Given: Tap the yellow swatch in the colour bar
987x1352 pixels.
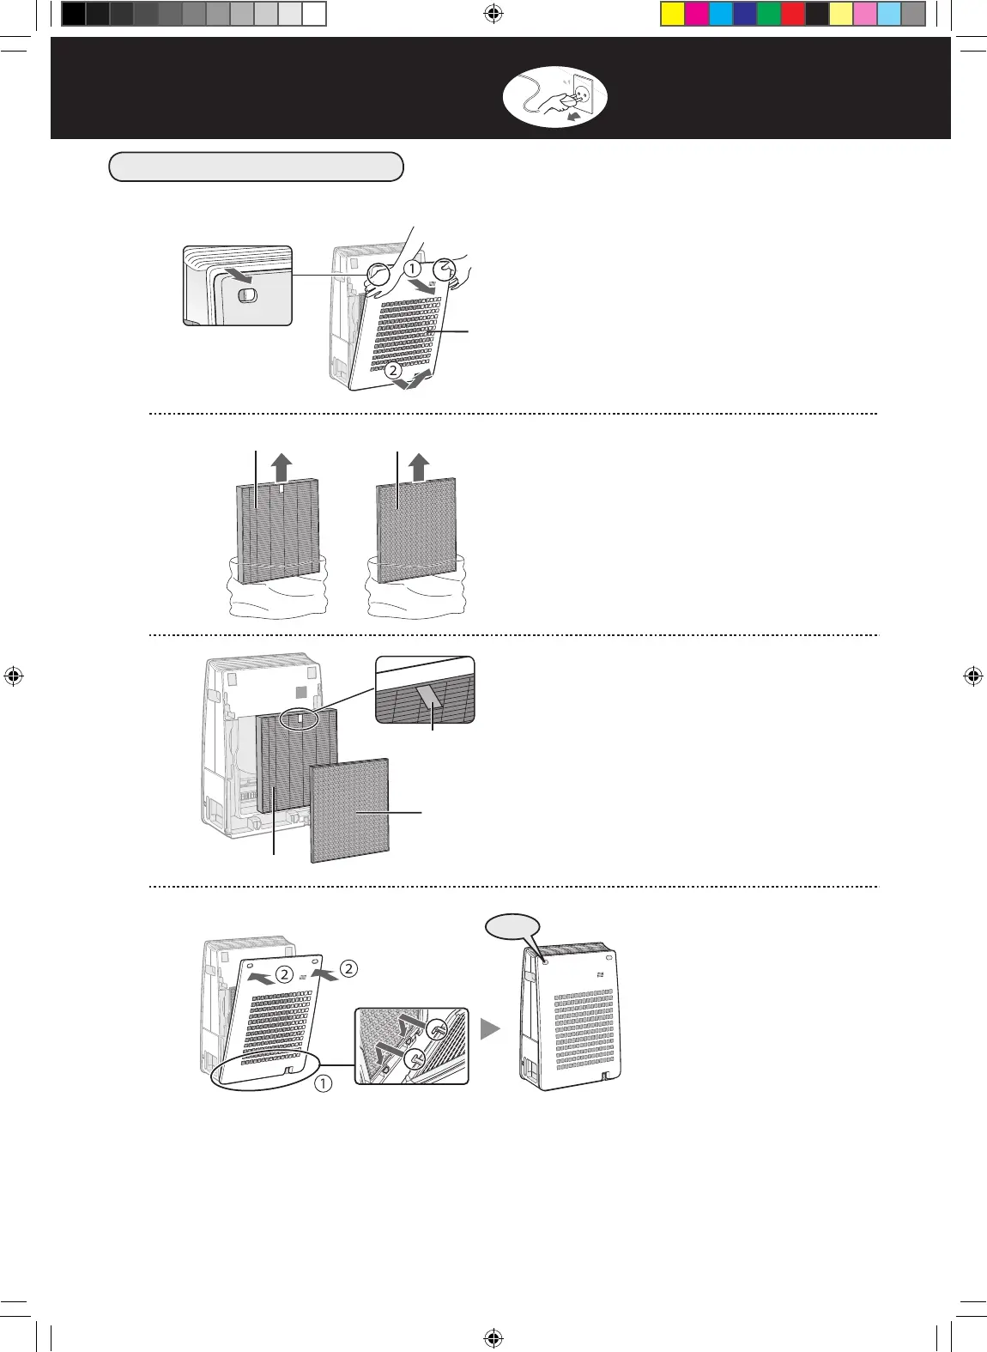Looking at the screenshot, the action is [x=672, y=15].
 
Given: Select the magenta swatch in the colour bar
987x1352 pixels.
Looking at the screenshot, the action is [x=696, y=15].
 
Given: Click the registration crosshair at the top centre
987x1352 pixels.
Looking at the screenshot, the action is [x=493, y=14].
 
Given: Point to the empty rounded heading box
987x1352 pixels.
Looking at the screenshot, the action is [x=256, y=167].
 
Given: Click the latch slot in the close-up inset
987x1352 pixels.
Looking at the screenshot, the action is [x=246, y=294].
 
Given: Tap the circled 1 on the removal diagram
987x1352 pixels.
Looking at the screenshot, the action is [x=414, y=269].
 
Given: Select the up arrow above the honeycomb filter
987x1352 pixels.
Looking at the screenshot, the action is [x=419, y=468].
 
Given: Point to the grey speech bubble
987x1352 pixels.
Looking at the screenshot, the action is [x=513, y=927].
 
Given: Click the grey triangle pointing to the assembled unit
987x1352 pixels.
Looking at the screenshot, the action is [x=490, y=1028].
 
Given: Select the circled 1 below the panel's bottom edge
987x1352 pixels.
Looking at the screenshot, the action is [x=323, y=1083].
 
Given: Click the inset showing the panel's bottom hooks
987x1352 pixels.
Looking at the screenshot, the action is [x=412, y=1046].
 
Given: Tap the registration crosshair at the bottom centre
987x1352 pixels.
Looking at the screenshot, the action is [x=493, y=1337].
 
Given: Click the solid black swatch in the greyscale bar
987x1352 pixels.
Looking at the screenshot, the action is [x=74, y=15].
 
